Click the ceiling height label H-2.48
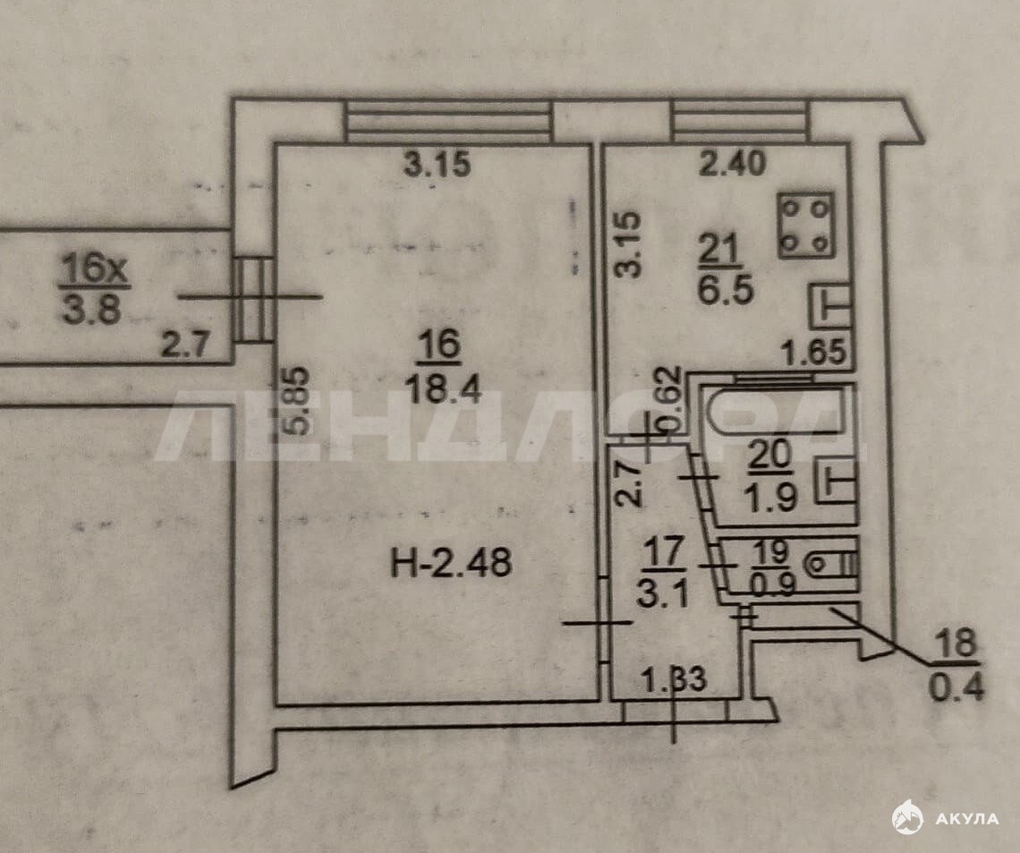[x=451, y=562]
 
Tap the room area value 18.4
[x=442, y=390]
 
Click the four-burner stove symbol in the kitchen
[x=806, y=226]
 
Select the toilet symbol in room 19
[x=830, y=564]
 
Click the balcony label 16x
[x=94, y=269]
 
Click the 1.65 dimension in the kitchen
[x=814, y=352]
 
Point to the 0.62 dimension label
[x=670, y=399]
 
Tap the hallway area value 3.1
[x=662, y=594]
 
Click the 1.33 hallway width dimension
[x=674, y=680]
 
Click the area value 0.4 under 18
[x=956, y=687]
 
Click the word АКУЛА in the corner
[x=966, y=818]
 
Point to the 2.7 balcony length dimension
[x=184, y=345]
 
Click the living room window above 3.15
[x=446, y=121]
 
